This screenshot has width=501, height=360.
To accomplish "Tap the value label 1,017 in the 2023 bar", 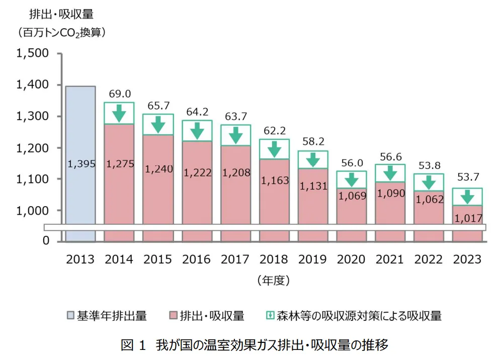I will pyautogui.click(x=468, y=219).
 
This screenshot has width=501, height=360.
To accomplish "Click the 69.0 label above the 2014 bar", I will pyautogui.click(x=120, y=94).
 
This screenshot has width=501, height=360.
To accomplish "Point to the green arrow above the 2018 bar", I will pyautogui.click(x=275, y=149).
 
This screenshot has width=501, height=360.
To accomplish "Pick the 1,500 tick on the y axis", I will pyautogui.click(x=33, y=54).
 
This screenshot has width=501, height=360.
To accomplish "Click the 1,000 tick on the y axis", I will pyautogui.click(x=33, y=210).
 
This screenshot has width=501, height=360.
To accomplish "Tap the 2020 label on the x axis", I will pyautogui.click(x=351, y=259).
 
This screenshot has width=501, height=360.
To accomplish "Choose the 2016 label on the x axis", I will pyautogui.click(x=196, y=259).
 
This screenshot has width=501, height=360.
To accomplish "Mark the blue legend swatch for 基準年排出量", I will pyautogui.click(x=71, y=316).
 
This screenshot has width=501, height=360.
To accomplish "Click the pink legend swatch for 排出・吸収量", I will pyautogui.click(x=173, y=316).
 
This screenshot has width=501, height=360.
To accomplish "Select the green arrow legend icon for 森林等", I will pyautogui.click(x=270, y=316).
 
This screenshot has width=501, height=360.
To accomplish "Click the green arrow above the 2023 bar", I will pyautogui.click(x=468, y=197).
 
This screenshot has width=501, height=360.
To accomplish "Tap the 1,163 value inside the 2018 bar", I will pyautogui.click(x=275, y=179).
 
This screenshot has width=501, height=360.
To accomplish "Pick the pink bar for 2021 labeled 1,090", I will pyautogui.click(x=390, y=211).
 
